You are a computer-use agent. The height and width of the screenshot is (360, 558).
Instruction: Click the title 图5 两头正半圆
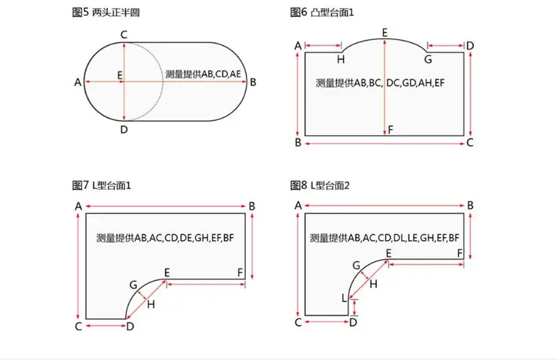(x=106, y=13)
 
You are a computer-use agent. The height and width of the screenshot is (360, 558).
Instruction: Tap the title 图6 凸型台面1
(x=322, y=13)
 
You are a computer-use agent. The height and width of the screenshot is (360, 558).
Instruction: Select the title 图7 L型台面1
(x=102, y=185)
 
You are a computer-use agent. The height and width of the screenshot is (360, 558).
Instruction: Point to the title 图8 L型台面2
(x=320, y=185)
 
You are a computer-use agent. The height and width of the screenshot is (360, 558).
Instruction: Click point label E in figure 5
(x=120, y=75)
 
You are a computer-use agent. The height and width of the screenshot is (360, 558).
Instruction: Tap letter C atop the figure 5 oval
(x=124, y=35)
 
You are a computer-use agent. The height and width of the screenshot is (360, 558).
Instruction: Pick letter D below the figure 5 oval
(x=124, y=130)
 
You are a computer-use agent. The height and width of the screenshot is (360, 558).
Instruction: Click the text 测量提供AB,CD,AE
(x=203, y=74)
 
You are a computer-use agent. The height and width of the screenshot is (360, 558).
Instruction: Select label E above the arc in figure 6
(x=385, y=33)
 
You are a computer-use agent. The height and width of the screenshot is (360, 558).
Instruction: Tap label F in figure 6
(x=391, y=130)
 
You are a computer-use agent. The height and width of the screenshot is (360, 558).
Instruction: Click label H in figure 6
(x=341, y=59)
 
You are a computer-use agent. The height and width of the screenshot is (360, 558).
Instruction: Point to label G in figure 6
(x=428, y=59)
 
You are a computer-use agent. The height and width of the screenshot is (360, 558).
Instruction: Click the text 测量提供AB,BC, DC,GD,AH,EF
(x=380, y=83)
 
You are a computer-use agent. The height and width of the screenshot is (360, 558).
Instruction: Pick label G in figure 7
(x=133, y=285)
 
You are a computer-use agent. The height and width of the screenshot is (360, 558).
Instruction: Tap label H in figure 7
(x=151, y=304)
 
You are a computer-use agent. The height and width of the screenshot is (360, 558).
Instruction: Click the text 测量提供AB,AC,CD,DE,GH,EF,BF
(x=165, y=238)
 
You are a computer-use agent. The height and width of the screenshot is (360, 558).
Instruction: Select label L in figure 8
(x=343, y=298)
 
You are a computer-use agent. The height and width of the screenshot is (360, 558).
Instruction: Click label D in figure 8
(x=353, y=323)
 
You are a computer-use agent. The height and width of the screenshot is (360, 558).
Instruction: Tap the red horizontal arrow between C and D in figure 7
(x=106, y=326)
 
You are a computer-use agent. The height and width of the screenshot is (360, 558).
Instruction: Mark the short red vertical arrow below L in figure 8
(x=354, y=308)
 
